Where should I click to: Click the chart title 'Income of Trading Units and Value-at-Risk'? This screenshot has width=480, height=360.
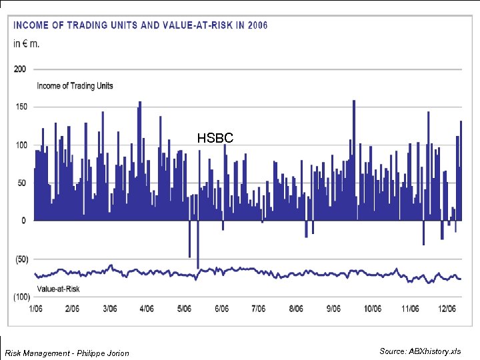coord(140,25)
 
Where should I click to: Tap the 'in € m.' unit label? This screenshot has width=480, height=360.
coord(27,44)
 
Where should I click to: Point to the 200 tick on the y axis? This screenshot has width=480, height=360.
coord(20,69)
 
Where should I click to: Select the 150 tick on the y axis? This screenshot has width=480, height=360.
coord(20,107)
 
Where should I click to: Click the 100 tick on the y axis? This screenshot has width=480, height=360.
coord(20,145)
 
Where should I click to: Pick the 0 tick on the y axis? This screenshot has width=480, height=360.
coord(23,221)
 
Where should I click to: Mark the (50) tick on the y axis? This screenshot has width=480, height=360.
coord(20,259)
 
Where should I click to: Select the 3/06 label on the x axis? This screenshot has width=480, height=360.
coord(109,309)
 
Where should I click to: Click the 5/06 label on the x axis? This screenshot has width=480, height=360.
coord(183,309)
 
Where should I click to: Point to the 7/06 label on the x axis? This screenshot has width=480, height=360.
coord(258,309)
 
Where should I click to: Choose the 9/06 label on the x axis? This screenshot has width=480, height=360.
coord(333,309)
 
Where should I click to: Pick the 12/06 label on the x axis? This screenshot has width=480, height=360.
coord(446,309)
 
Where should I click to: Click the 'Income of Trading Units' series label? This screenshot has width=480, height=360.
coord(75,85)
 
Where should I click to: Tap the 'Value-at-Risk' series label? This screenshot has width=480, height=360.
coord(58,289)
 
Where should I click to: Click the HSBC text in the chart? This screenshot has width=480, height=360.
coord(215,138)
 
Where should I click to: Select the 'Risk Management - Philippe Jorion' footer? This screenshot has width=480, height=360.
coord(67,353)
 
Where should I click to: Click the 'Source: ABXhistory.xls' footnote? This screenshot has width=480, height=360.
coord(420,351)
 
